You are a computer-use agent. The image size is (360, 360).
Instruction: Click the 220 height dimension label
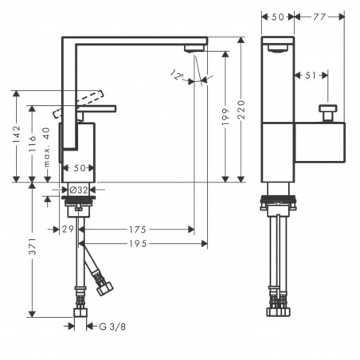(241, 110)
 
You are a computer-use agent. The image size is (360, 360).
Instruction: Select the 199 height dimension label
(225, 117)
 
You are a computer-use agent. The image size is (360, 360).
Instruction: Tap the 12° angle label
(177, 75)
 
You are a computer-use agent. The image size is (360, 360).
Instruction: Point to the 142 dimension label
(17, 134)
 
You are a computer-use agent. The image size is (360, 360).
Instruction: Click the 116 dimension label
(32, 143)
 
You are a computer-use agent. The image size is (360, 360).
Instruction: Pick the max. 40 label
(46, 147)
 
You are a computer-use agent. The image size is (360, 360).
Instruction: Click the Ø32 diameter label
(78, 190)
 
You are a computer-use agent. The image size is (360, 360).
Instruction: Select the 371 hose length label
(33, 246)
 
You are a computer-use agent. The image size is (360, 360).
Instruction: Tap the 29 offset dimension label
(68, 229)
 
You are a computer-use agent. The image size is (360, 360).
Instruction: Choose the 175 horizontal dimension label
(138, 229)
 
